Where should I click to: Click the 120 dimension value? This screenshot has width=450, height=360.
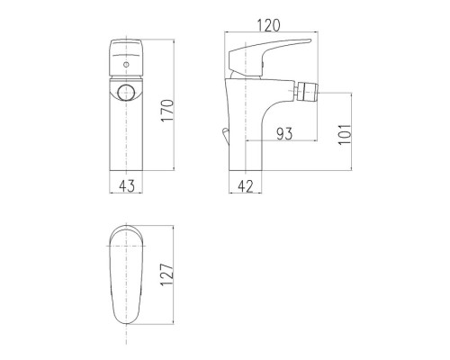[269, 25]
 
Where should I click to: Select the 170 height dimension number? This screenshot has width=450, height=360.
[167, 110]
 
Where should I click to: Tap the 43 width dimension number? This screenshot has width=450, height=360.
[127, 186]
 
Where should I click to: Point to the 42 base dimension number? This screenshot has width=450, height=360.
[246, 186]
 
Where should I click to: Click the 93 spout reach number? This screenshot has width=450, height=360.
[284, 133]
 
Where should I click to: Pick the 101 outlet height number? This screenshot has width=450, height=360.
[345, 134]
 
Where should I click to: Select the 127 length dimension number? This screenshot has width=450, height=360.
[167, 274]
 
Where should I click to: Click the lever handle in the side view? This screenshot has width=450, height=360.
[264, 57]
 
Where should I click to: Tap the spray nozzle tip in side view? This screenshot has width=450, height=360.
[307, 93]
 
